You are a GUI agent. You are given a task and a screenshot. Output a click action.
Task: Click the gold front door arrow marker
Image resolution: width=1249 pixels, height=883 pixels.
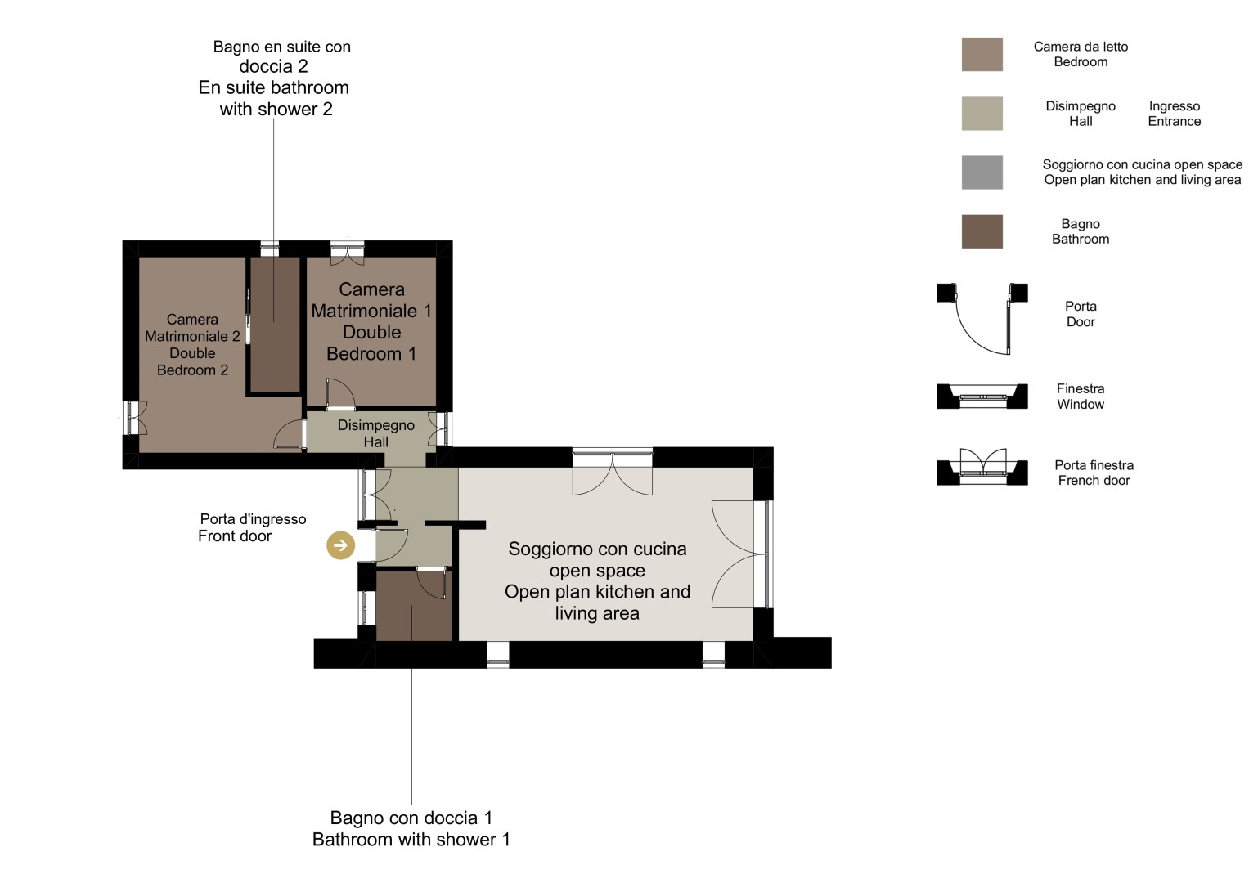coord(341,545)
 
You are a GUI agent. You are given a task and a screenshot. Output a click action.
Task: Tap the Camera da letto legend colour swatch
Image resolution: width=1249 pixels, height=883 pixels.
coord(982,54)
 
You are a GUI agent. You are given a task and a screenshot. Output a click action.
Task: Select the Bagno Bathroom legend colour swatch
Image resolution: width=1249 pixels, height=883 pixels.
coord(982,231)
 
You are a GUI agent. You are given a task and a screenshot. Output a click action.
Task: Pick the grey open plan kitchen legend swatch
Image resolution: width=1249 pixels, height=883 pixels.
coord(982,173)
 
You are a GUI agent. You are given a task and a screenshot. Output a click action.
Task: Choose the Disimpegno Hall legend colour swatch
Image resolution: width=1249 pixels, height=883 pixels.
coord(982,114)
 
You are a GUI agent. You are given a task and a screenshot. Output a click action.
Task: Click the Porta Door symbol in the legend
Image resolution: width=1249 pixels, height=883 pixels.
coord(982,319)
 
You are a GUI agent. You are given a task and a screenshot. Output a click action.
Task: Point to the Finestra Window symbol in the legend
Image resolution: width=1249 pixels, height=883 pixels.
coord(982,397)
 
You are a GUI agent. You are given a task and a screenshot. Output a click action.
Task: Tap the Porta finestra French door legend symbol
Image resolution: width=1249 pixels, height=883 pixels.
coord(982,467)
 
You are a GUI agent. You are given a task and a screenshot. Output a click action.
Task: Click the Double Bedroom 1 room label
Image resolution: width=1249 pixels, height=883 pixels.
coord(371,321)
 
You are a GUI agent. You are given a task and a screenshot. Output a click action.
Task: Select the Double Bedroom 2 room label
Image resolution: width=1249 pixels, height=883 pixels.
coord(192,344)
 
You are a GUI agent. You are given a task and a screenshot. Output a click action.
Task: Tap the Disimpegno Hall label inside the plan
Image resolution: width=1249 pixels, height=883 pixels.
coord(375,433)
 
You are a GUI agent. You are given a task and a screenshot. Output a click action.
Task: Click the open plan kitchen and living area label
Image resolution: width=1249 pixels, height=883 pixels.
coord(597,580)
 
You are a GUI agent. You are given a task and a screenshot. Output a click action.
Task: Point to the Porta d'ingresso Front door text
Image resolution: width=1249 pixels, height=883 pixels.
coord(252,527)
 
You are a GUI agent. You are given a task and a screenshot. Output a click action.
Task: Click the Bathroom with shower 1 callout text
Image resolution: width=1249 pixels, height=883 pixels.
coord(411,828)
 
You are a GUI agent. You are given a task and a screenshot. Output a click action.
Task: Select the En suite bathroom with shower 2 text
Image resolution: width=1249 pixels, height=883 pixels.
coord(274,77)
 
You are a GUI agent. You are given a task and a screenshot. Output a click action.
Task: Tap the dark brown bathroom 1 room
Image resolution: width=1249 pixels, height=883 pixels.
coord(414,606)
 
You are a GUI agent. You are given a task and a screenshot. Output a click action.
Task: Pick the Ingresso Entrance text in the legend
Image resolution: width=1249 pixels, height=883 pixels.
coord(1175,114)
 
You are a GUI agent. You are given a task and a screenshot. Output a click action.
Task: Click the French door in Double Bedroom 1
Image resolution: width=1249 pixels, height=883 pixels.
coord(347,253)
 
